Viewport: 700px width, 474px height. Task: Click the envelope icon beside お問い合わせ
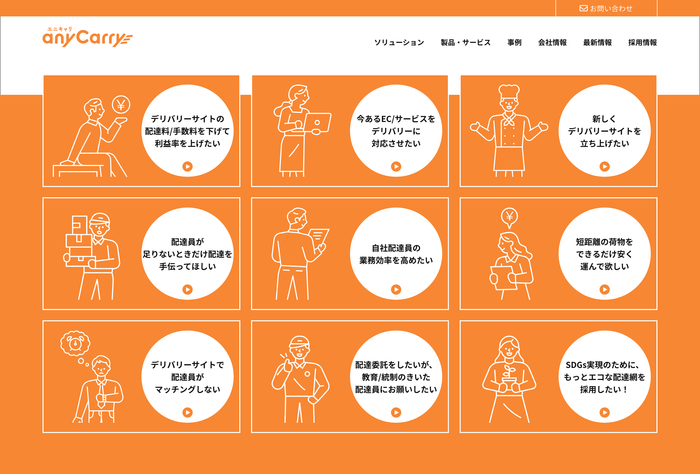click(x=583, y=8)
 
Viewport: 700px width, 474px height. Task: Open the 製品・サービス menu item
click(x=465, y=43)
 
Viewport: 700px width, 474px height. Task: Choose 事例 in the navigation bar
click(x=514, y=43)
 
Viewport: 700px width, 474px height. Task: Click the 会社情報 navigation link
click(x=552, y=43)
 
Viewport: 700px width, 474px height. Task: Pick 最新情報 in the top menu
click(x=597, y=43)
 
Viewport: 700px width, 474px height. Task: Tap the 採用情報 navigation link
click(x=642, y=43)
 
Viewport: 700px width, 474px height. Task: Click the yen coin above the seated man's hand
click(x=121, y=105)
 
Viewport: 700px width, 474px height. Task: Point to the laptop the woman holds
click(x=317, y=122)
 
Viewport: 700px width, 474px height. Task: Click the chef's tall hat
click(x=509, y=92)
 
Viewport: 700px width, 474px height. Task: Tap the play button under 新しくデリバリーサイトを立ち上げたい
click(x=604, y=167)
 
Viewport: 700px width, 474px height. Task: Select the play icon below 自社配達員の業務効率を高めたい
click(x=396, y=290)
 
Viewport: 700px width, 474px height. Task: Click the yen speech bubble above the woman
click(x=509, y=217)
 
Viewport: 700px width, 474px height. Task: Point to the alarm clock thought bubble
click(x=75, y=343)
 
